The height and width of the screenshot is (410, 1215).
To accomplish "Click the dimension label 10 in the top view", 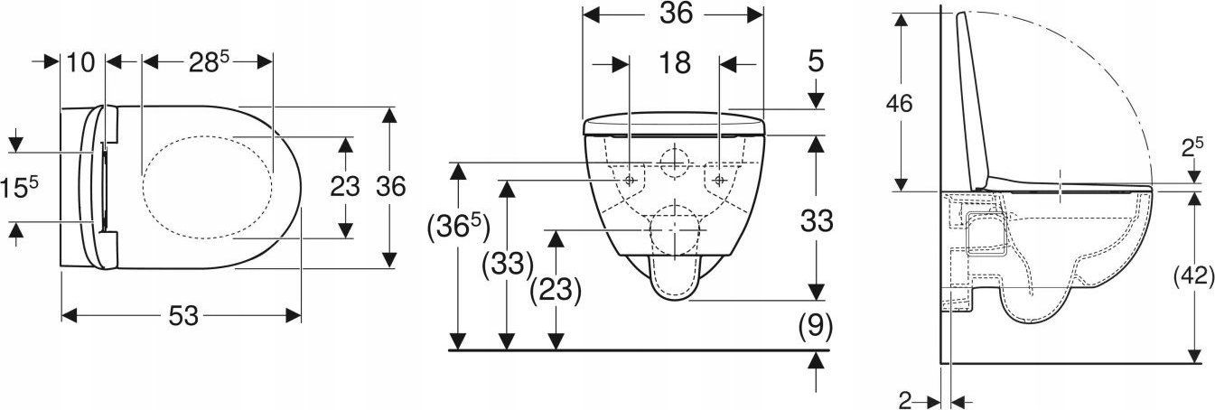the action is [x=80, y=62].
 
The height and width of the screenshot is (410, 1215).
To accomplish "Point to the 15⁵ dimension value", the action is [x=19, y=186].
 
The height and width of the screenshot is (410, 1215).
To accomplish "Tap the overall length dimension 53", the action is [x=183, y=316].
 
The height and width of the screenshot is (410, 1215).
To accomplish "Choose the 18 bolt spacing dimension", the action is [x=675, y=63].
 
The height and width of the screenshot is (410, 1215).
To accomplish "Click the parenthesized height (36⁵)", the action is [x=459, y=228].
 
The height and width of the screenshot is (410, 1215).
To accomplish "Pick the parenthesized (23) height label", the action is [x=556, y=290].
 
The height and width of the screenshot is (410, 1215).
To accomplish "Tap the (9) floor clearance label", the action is [x=815, y=327].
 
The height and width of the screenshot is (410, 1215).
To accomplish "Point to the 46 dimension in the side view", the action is [x=900, y=103].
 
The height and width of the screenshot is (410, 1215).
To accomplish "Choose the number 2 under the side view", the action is [x=905, y=400].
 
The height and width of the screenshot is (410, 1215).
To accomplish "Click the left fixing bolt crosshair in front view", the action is [x=630, y=180].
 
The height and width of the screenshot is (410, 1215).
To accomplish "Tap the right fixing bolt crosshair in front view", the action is [x=720, y=180].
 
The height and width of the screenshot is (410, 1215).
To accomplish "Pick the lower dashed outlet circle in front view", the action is [x=651, y=230].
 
